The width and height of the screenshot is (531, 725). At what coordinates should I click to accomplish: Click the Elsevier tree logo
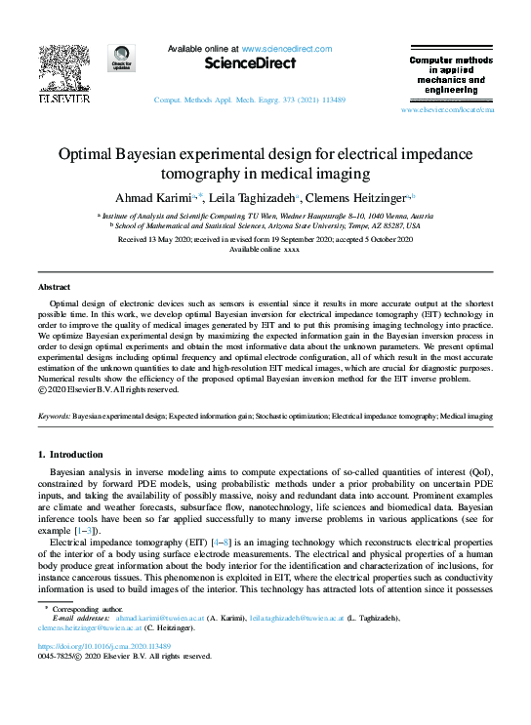pos(63,68)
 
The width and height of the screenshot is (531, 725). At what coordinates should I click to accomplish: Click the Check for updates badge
pos(123,60)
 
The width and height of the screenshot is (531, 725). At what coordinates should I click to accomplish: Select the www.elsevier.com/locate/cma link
pos(448,111)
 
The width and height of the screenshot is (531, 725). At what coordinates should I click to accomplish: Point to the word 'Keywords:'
pos(53,416)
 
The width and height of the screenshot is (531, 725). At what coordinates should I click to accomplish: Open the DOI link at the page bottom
pos(105,646)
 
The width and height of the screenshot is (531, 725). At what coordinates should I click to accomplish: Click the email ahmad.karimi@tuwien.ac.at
pos(153,618)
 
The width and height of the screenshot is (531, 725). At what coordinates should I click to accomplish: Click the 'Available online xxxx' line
pos(265,249)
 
